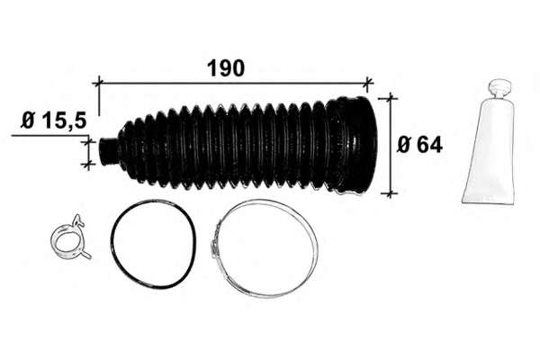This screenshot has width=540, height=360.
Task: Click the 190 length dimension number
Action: pos(226,68)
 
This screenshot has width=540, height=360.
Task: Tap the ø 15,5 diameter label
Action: pos(53,121)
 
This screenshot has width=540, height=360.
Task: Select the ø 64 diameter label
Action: pos(419,145)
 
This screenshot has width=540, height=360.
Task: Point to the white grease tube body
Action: pos(489,151)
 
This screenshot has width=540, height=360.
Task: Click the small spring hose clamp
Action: pos(70,238)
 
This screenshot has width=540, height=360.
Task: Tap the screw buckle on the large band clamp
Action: pos(215,243)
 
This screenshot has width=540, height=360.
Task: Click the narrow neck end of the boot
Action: pos(108,150)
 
